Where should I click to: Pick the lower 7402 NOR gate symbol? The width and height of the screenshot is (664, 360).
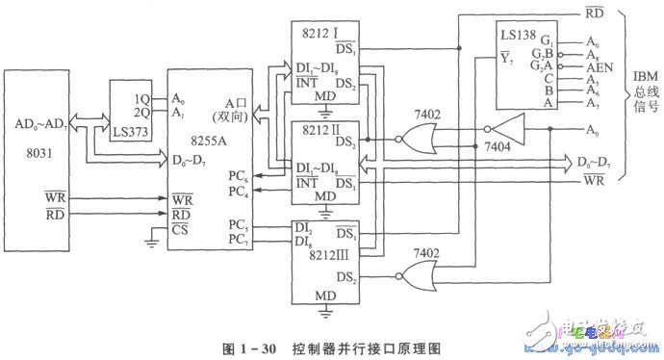pyautogui.click(x=415, y=279)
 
